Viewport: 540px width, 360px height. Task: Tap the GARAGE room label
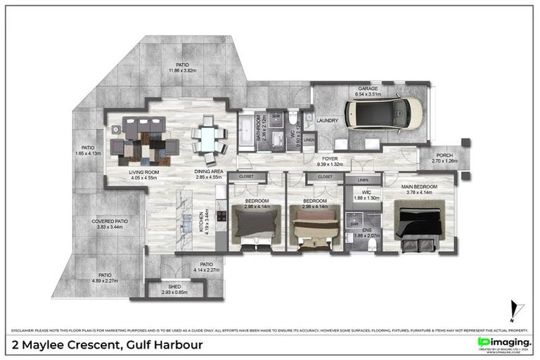[368, 89]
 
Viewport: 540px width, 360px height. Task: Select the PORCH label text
[444, 155]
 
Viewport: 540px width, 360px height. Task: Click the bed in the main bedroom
[420, 223]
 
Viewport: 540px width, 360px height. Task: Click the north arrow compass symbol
[517, 309]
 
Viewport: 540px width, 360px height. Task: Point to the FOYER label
[330, 160]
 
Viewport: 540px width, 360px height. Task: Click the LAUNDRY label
[328, 120]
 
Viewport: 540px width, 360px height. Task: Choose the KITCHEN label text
[203, 222]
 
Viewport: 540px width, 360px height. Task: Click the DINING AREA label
[209, 172]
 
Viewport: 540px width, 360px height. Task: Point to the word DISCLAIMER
[25, 329]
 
